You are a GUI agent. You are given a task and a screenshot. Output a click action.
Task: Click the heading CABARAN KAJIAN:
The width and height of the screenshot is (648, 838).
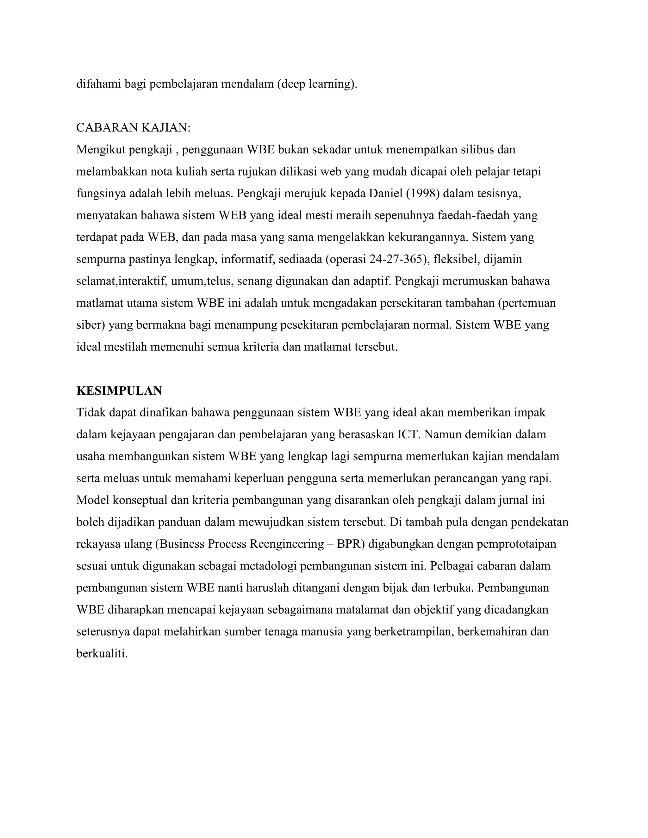(133, 128)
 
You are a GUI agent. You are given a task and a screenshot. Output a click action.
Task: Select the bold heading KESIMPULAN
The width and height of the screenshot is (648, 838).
(119, 391)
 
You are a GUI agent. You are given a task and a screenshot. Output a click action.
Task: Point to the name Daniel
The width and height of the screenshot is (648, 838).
(385, 194)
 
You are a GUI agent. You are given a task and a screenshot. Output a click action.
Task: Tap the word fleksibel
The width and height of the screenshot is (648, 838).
(456, 259)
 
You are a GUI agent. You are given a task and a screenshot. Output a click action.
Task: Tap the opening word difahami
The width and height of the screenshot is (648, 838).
(98, 84)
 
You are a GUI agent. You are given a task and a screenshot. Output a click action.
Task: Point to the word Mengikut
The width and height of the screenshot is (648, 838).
(101, 150)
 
